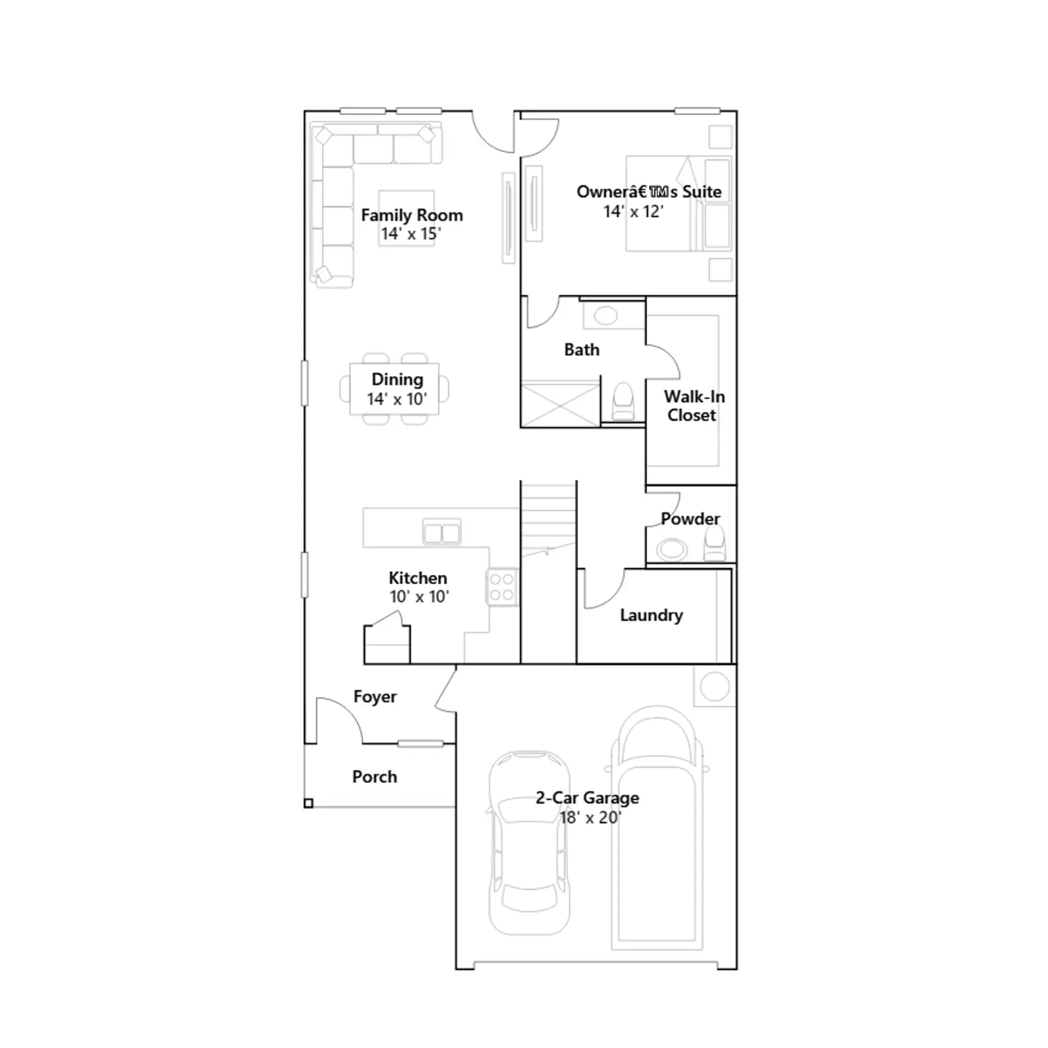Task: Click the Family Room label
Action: (411, 215)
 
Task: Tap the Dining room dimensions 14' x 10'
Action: (397, 399)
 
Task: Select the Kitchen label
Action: (418, 578)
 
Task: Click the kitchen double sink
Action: (442, 532)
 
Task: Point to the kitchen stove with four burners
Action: (502, 587)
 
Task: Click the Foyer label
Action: (375, 696)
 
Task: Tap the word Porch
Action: (375, 776)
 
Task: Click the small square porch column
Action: (309, 803)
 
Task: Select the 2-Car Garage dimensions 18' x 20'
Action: (589, 817)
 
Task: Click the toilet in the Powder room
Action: (715, 544)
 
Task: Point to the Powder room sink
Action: (672, 549)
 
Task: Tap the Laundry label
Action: (651, 615)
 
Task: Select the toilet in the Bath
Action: (623, 401)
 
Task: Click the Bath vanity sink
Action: (606, 316)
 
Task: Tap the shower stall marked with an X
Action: (560, 405)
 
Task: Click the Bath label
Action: (582, 350)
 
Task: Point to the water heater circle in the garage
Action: (715, 687)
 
